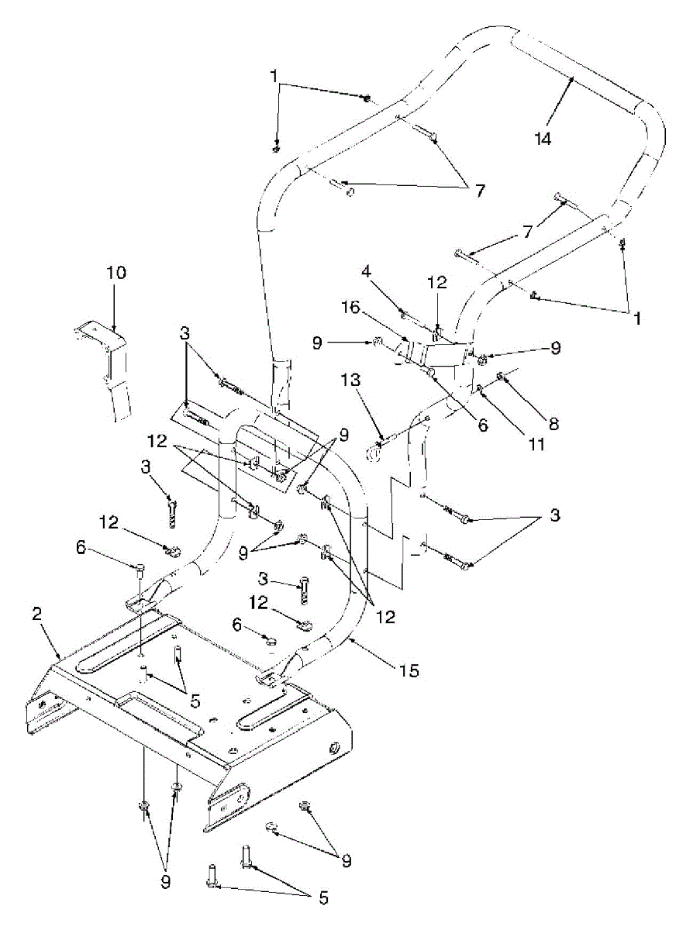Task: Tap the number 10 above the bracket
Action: click(116, 273)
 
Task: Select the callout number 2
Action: click(36, 614)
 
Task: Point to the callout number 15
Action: click(409, 670)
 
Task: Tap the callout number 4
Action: click(365, 272)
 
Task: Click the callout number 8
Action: click(553, 423)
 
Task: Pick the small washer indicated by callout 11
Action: click(481, 387)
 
